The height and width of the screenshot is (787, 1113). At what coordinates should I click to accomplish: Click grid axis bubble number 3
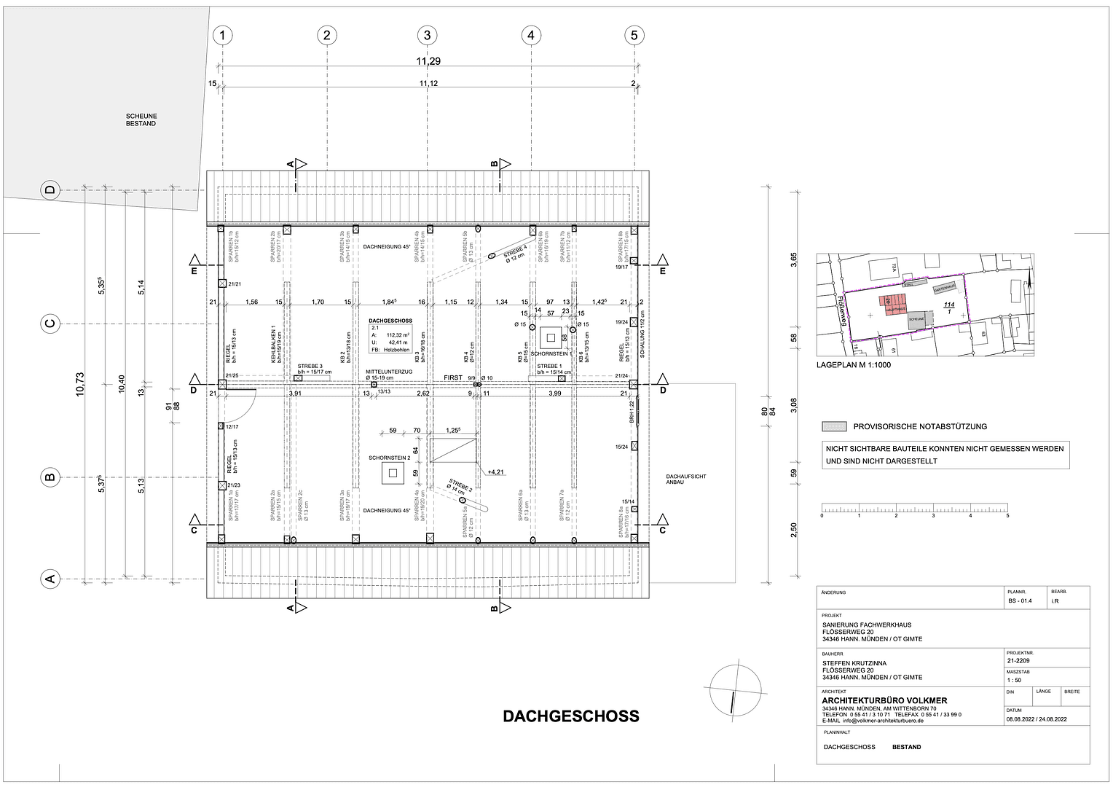427,35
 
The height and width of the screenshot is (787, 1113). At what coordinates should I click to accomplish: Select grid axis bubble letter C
50,324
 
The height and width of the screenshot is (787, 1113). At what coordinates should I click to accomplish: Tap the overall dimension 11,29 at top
428,61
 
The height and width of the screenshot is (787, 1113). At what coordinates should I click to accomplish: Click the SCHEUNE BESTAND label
141,120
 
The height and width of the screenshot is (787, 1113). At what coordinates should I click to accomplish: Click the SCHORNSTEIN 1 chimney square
551,337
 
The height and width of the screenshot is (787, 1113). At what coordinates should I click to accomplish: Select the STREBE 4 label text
514,254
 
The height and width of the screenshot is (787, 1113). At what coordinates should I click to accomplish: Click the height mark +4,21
496,472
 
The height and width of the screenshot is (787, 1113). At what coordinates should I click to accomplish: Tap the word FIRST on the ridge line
453,377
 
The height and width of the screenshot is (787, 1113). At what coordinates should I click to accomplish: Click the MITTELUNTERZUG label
389,372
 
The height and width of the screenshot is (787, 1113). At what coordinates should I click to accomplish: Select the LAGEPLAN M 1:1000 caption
853,365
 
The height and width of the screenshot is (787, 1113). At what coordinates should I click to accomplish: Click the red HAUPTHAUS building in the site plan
893,305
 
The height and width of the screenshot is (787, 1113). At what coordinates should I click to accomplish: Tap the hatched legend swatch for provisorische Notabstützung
834,427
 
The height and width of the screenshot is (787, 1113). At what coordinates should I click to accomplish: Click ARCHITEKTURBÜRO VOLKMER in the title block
884,701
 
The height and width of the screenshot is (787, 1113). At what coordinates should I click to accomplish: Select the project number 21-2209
1018,661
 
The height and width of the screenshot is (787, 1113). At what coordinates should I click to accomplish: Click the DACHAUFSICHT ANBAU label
685,479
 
